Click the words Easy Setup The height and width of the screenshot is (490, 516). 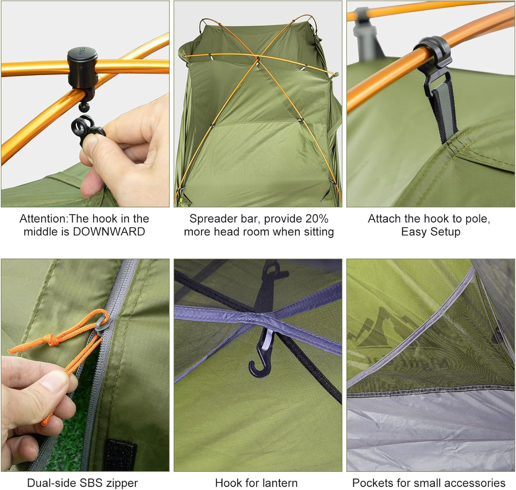[431, 232]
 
